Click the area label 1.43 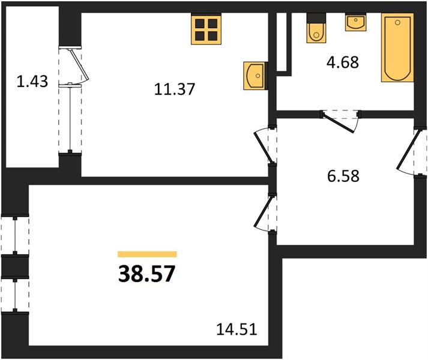tap(32, 82)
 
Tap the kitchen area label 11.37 tap(175, 89)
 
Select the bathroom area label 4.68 tap(343, 62)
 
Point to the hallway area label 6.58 tap(343, 176)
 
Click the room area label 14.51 tap(237, 329)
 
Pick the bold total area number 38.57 tap(146, 274)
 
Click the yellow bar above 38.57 tap(147, 254)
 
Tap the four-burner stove tap(206, 29)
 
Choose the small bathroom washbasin tap(355, 22)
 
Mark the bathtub tap(397, 47)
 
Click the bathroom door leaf tap(339, 124)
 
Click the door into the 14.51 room tap(263, 212)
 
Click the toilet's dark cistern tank tap(316, 18)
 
